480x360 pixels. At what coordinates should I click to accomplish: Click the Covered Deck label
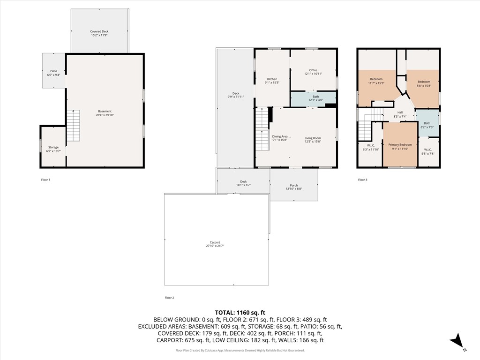(x=99, y=31)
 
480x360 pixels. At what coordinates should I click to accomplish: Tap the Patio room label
(x=53, y=71)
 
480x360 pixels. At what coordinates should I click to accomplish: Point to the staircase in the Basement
(x=73, y=125)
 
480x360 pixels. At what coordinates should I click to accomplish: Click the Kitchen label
(x=272, y=79)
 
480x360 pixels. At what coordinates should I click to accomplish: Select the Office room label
(x=313, y=70)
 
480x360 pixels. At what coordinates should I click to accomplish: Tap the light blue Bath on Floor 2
(x=313, y=97)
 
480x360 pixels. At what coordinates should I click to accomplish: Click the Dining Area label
(x=280, y=136)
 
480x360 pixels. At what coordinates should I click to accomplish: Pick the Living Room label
(x=313, y=138)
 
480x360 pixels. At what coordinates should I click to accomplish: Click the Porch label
(x=294, y=185)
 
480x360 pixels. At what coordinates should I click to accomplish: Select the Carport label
(x=215, y=242)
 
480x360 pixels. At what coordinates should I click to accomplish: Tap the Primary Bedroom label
(x=400, y=145)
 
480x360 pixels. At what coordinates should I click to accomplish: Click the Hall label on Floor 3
(x=400, y=112)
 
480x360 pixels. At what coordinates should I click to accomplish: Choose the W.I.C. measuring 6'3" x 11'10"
(x=370, y=147)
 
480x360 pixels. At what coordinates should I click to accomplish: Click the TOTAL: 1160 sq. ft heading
(x=240, y=312)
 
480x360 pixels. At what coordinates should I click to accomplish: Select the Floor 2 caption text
(x=169, y=298)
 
